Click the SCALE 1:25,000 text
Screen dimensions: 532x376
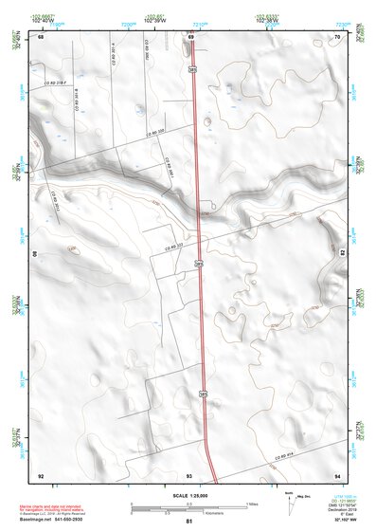(188, 494)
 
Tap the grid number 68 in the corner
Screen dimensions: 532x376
(41, 36)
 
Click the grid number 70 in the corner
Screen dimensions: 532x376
(338, 36)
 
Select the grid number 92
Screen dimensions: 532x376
(41, 474)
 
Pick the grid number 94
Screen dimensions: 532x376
(338, 474)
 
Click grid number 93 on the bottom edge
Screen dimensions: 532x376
(189, 474)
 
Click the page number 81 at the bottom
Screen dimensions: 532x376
(189, 522)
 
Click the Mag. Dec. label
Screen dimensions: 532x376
(304, 497)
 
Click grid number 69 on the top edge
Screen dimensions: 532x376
(192, 36)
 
